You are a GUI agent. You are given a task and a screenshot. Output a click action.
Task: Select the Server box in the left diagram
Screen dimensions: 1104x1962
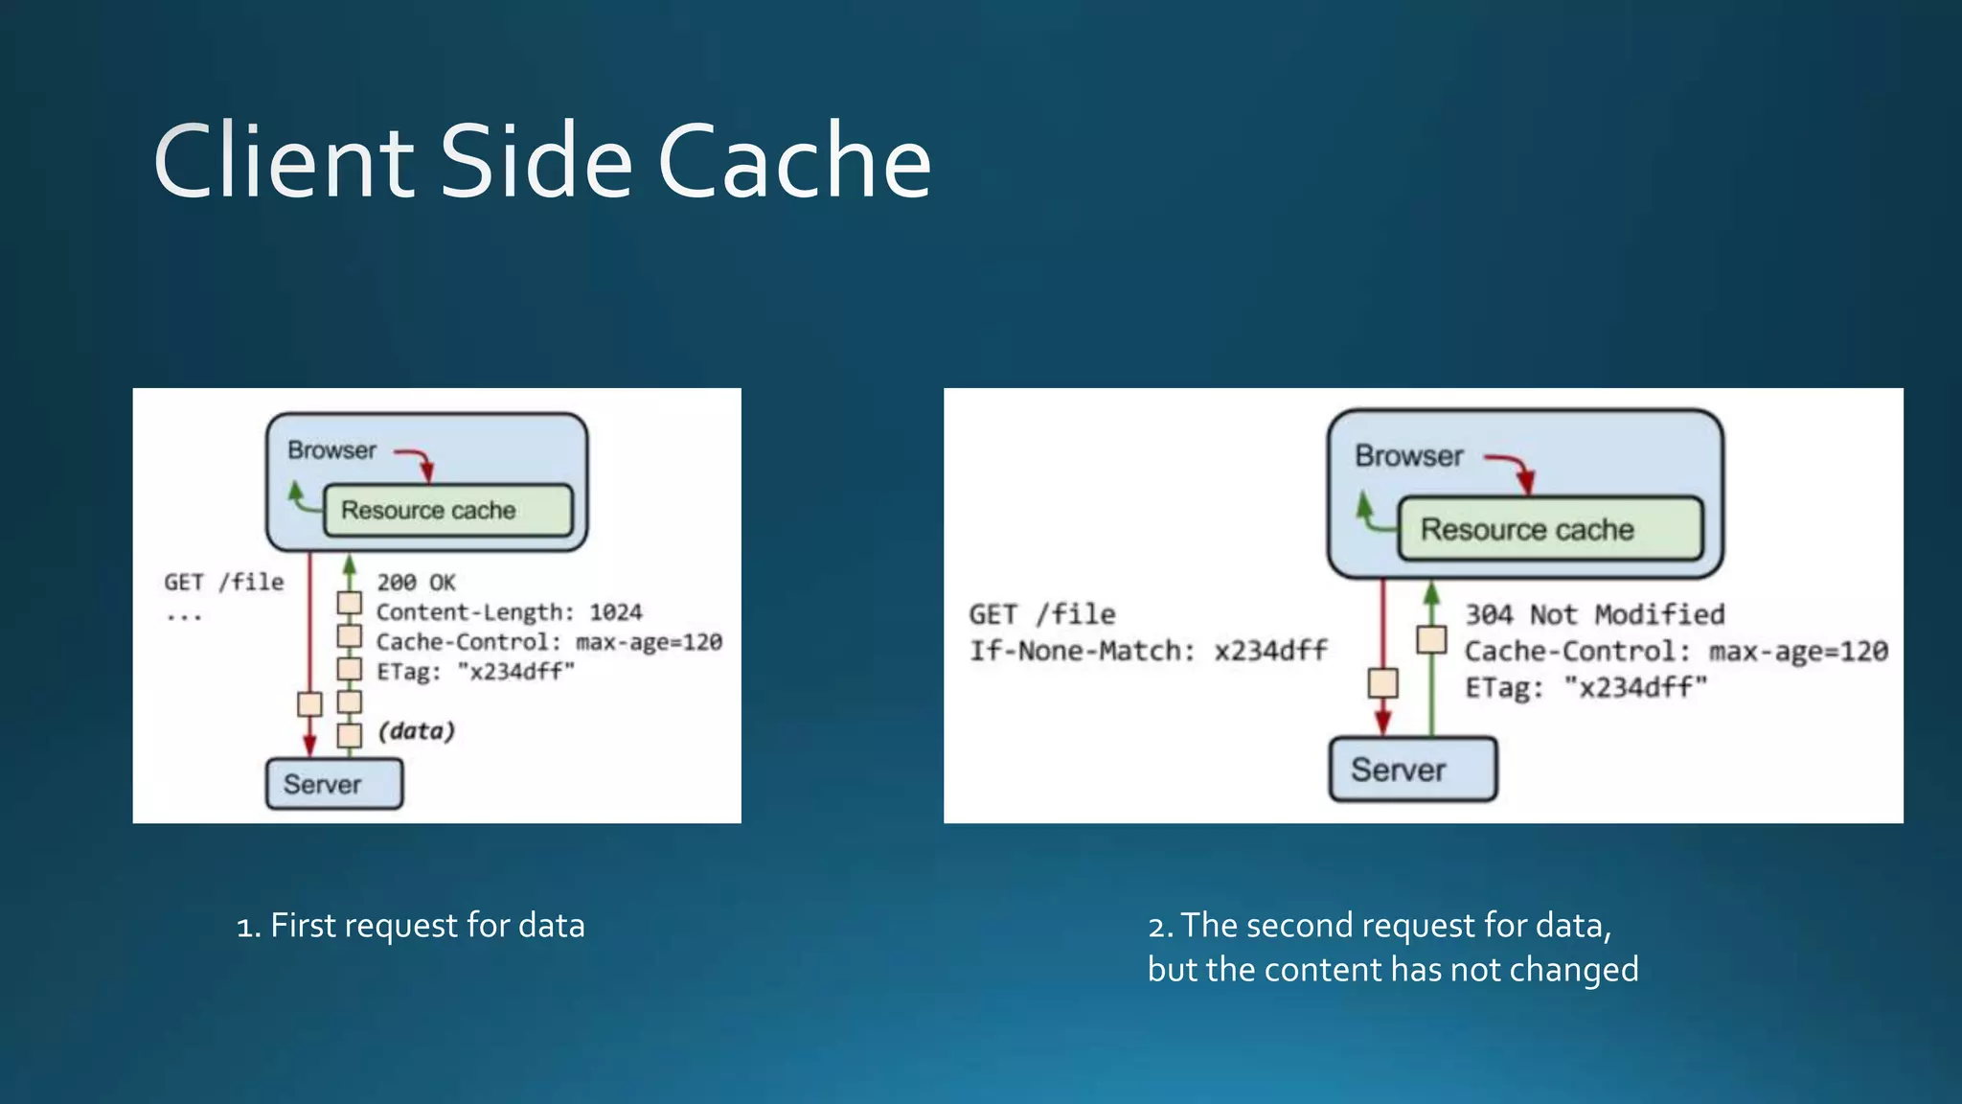coord(333,784)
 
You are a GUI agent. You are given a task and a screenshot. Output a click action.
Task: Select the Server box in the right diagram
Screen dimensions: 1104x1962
coord(1412,769)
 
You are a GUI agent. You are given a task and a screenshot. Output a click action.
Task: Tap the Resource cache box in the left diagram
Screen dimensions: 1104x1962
coord(447,510)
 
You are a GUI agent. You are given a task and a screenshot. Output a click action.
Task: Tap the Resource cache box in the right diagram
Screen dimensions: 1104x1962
coord(1549,529)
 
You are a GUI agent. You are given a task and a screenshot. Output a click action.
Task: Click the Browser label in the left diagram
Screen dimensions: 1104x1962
coord(331,450)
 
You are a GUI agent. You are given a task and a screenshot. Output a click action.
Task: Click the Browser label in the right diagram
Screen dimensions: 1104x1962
coord(1408,456)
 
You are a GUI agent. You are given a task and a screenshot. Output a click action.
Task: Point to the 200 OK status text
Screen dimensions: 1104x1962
coord(416,583)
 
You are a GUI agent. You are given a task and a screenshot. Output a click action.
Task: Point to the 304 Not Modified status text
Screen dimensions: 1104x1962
coord(1594,614)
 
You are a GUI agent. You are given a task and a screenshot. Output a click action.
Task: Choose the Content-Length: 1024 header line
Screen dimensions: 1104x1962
coord(509,612)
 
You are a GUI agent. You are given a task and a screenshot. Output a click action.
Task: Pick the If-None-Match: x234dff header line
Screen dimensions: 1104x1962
coord(1148,652)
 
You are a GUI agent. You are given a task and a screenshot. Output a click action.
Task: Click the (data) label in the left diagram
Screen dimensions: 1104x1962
coord(416,731)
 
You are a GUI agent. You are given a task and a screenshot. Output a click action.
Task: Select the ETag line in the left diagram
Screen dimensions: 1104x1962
coord(475,672)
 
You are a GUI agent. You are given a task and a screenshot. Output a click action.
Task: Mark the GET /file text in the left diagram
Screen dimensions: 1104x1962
coord(224,583)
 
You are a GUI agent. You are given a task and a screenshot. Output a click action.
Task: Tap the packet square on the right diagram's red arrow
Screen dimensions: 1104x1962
coord(1382,683)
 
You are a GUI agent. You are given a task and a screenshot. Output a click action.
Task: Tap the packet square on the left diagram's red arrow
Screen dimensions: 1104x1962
coord(309,704)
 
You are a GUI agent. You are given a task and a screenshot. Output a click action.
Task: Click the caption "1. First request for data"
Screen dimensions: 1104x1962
coord(410,926)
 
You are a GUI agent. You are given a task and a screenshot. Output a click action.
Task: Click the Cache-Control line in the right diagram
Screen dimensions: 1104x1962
coord(1676,652)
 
